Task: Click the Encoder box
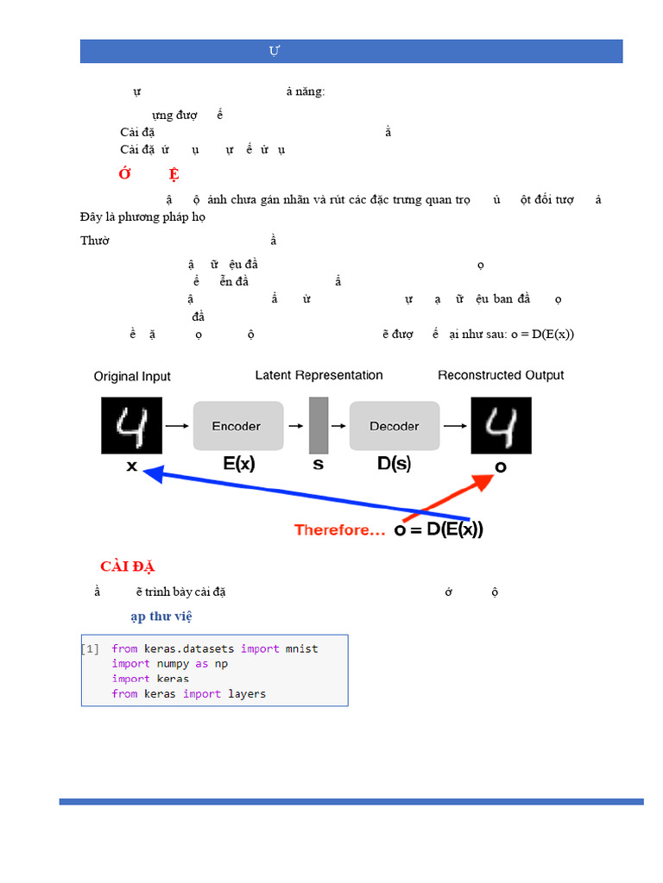point(238,426)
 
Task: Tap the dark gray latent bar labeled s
point(319,425)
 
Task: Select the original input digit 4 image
point(132,425)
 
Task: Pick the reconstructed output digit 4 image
point(501,425)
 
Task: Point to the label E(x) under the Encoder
point(238,464)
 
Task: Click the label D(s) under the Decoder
point(394,464)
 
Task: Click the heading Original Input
point(132,377)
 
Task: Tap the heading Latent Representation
point(319,375)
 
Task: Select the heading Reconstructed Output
point(501,375)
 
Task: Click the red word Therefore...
point(339,530)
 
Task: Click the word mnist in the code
point(301,648)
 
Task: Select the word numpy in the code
point(154,664)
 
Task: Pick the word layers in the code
point(247,694)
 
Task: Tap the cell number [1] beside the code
point(91,648)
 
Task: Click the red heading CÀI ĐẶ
point(127,567)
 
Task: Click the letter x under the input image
point(132,465)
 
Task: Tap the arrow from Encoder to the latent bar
point(296,426)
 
